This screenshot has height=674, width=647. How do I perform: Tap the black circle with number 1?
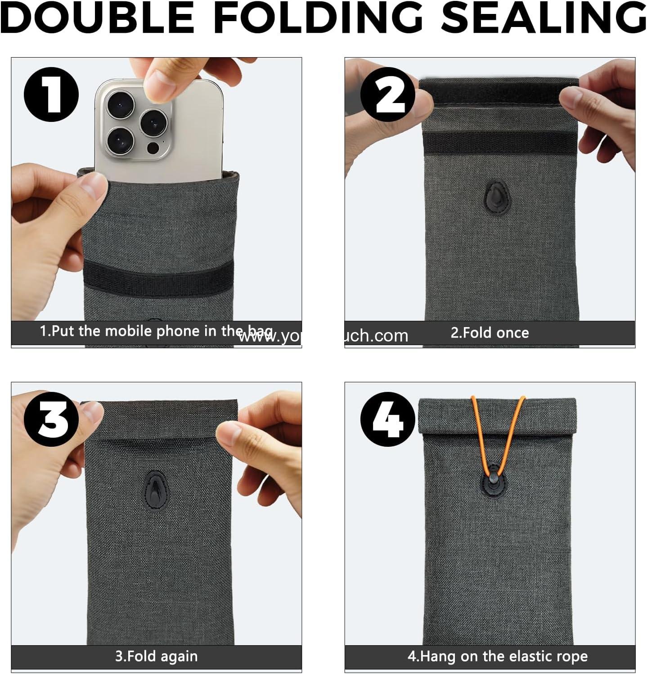coord(51,94)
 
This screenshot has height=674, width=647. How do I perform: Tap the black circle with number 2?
coord(388,94)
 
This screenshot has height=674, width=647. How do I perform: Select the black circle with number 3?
coord(51,419)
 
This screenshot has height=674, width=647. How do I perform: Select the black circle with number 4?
coord(388,419)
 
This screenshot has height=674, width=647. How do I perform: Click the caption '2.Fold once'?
coord(490,333)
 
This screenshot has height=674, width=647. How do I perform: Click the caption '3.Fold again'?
coord(156,656)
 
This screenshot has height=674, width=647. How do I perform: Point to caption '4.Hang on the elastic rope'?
coord(497,656)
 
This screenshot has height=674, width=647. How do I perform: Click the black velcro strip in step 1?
coord(158,274)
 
